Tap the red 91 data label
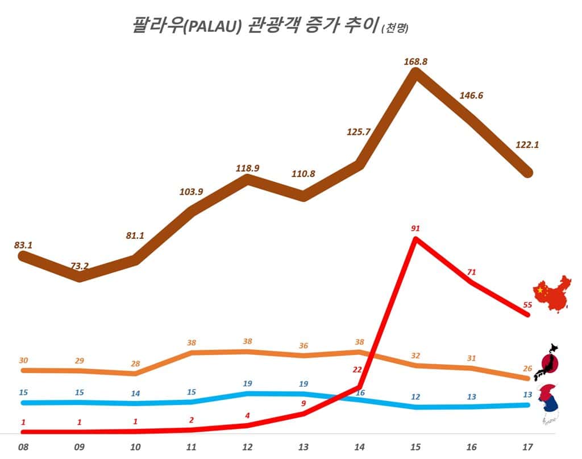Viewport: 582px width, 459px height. pyautogui.click(x=415, y=229)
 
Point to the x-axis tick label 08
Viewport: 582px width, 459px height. pyautogui.click(x=23, y=447)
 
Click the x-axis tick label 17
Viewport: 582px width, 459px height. pyautogui.click(x=527, y=447)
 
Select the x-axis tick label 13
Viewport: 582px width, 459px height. pyautogui.click(x=304, y=447)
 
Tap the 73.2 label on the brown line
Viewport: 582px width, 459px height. pyautogui.click(x=80, y=266)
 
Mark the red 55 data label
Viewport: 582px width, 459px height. pyautogui.click(x=527, y=305)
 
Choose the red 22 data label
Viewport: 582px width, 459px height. pyautogui.click(x=357, y=370)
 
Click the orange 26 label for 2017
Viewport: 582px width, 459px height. pyautogui.click(x=527, y=369)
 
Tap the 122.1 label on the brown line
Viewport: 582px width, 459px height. pyautogui.click(x=527, y=144)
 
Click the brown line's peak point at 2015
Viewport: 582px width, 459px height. pyautogui.click(x=416, y=73)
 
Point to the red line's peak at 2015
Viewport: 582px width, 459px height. pyautogui.click(x=416, y=239)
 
